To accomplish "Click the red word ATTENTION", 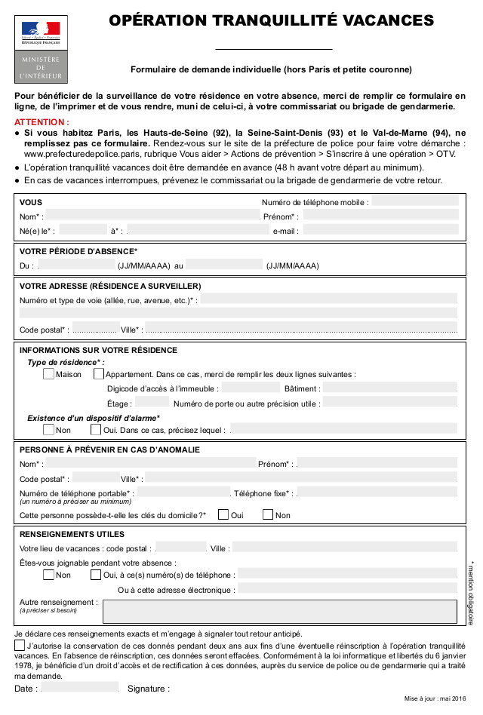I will [42, 122].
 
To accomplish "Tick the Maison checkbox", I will [49, 373].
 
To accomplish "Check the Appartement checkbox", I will [99, 373].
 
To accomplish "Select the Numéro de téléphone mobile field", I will [414, 201].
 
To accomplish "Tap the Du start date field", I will [77, 265].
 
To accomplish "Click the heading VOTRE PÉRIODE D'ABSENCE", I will [78, 251].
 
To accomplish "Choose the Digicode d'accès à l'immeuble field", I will [251, 388].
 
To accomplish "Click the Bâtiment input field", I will [390, 388].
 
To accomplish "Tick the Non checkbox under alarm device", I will [49, 430].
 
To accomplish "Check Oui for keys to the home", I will [223, 514].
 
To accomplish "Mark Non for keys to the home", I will [268, 514].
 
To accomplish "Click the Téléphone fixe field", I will [377, 493].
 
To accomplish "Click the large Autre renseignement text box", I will [279, 611].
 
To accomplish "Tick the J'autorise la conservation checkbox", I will [20, 646].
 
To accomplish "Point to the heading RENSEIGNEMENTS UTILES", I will [72, 534].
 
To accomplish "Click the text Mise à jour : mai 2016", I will [435, 700].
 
